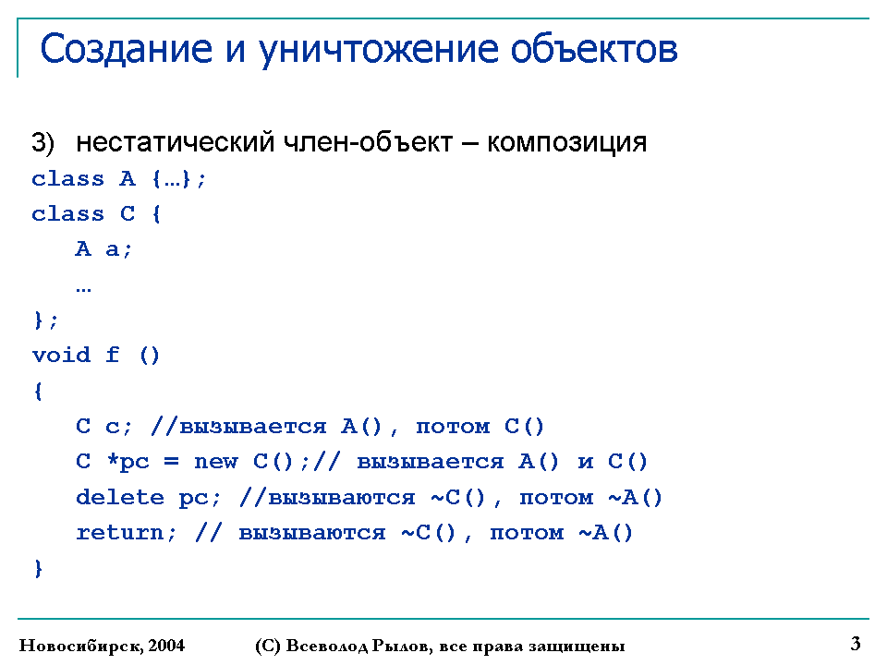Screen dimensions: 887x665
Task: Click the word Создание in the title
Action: [127, 48]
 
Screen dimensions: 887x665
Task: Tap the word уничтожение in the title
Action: [379, 50]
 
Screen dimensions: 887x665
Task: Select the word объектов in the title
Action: [594, 48]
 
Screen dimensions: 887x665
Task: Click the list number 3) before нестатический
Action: [43, 142]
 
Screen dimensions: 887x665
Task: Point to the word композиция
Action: [566, 143]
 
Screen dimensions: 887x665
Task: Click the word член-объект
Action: [368, 142]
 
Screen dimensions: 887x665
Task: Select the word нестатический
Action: [175, 142]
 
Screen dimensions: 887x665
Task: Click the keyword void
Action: [61, 355]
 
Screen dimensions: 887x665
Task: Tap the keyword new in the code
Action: [216, 462]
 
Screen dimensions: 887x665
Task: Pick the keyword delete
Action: [120, 497]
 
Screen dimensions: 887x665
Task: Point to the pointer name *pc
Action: [128, 462]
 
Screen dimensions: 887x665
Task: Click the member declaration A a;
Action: [103, 248]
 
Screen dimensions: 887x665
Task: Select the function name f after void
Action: [113, 355]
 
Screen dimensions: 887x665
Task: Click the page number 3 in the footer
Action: [856, 643]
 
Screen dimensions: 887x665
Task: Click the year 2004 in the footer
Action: [166, 645]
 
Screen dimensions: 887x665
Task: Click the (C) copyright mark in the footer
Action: [268, 646]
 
